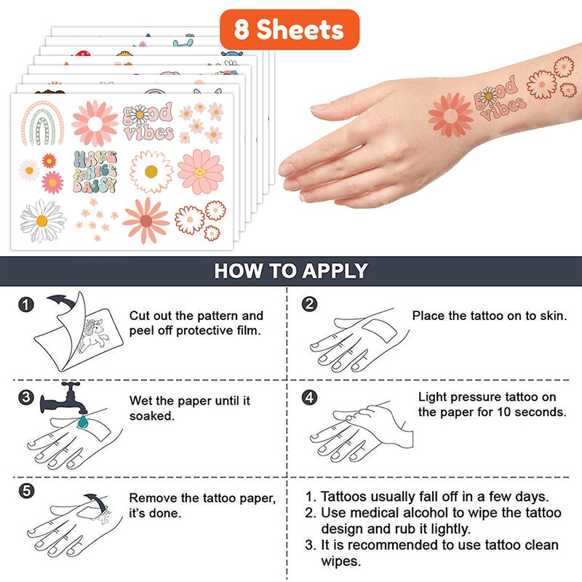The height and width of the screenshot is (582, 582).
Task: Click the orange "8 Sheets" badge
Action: pyautogui.click(x=290, y=30)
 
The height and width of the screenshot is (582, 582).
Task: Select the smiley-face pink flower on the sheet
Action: pyautogui.click(x=201, y=172)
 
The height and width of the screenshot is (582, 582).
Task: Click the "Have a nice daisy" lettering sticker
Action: pyautogui.click(x=95, y=172)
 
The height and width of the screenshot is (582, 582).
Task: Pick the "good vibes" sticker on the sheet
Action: pyautogui.click(x=148, y=121)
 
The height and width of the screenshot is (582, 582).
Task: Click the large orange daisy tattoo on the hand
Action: pyautogui.click(x=450, y=115)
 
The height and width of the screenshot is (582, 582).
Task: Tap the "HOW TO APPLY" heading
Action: pyautogui.click(x=291, y=271)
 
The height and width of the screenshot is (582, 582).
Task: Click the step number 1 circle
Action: pyautogui.click(x=26, y=305)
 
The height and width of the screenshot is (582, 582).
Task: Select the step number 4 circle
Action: pyautogui.click(x=310, y=397)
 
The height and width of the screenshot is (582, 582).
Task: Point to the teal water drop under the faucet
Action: pyautogui.click(x=82, y=421)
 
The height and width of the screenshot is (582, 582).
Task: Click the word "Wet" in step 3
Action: pyautogui.click(x=140, y=401)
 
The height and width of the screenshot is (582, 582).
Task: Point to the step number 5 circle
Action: pyautogui.click(x=26, y=491)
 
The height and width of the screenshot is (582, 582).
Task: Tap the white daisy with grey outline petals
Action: pyautogui.click(x=43, y=221)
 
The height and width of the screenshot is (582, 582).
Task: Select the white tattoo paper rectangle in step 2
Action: pyautogui.click(x=379, y=330)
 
